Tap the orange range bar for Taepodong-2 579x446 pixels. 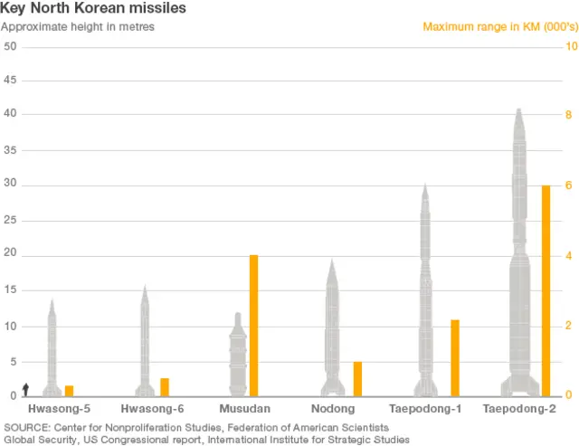pyautogui.click(x=546, y=290)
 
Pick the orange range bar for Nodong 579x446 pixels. pyautogui.click(x=357, y=378)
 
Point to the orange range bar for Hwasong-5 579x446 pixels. pyautogui.click(x=69, y=390)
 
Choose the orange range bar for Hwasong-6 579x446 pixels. pyautogui.click(x=165, y=386)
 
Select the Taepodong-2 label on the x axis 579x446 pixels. pyautogui.click(x=519, y=409)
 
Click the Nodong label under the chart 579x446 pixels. pyautogui.click(x=332, y=409)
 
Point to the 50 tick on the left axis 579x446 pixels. pyautogui.click(x=10, y=46)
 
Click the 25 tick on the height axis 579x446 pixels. pyautogui.click(x=10, y=221)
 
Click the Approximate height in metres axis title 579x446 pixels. pyautogui.click(x=78, y=26)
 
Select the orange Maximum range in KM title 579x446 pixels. pyautogui.click(x=494, y=26)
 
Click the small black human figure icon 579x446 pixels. pyautogui.click(x=26, y=389)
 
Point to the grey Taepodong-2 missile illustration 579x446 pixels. pyautogui.click(x=519, y=262)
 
